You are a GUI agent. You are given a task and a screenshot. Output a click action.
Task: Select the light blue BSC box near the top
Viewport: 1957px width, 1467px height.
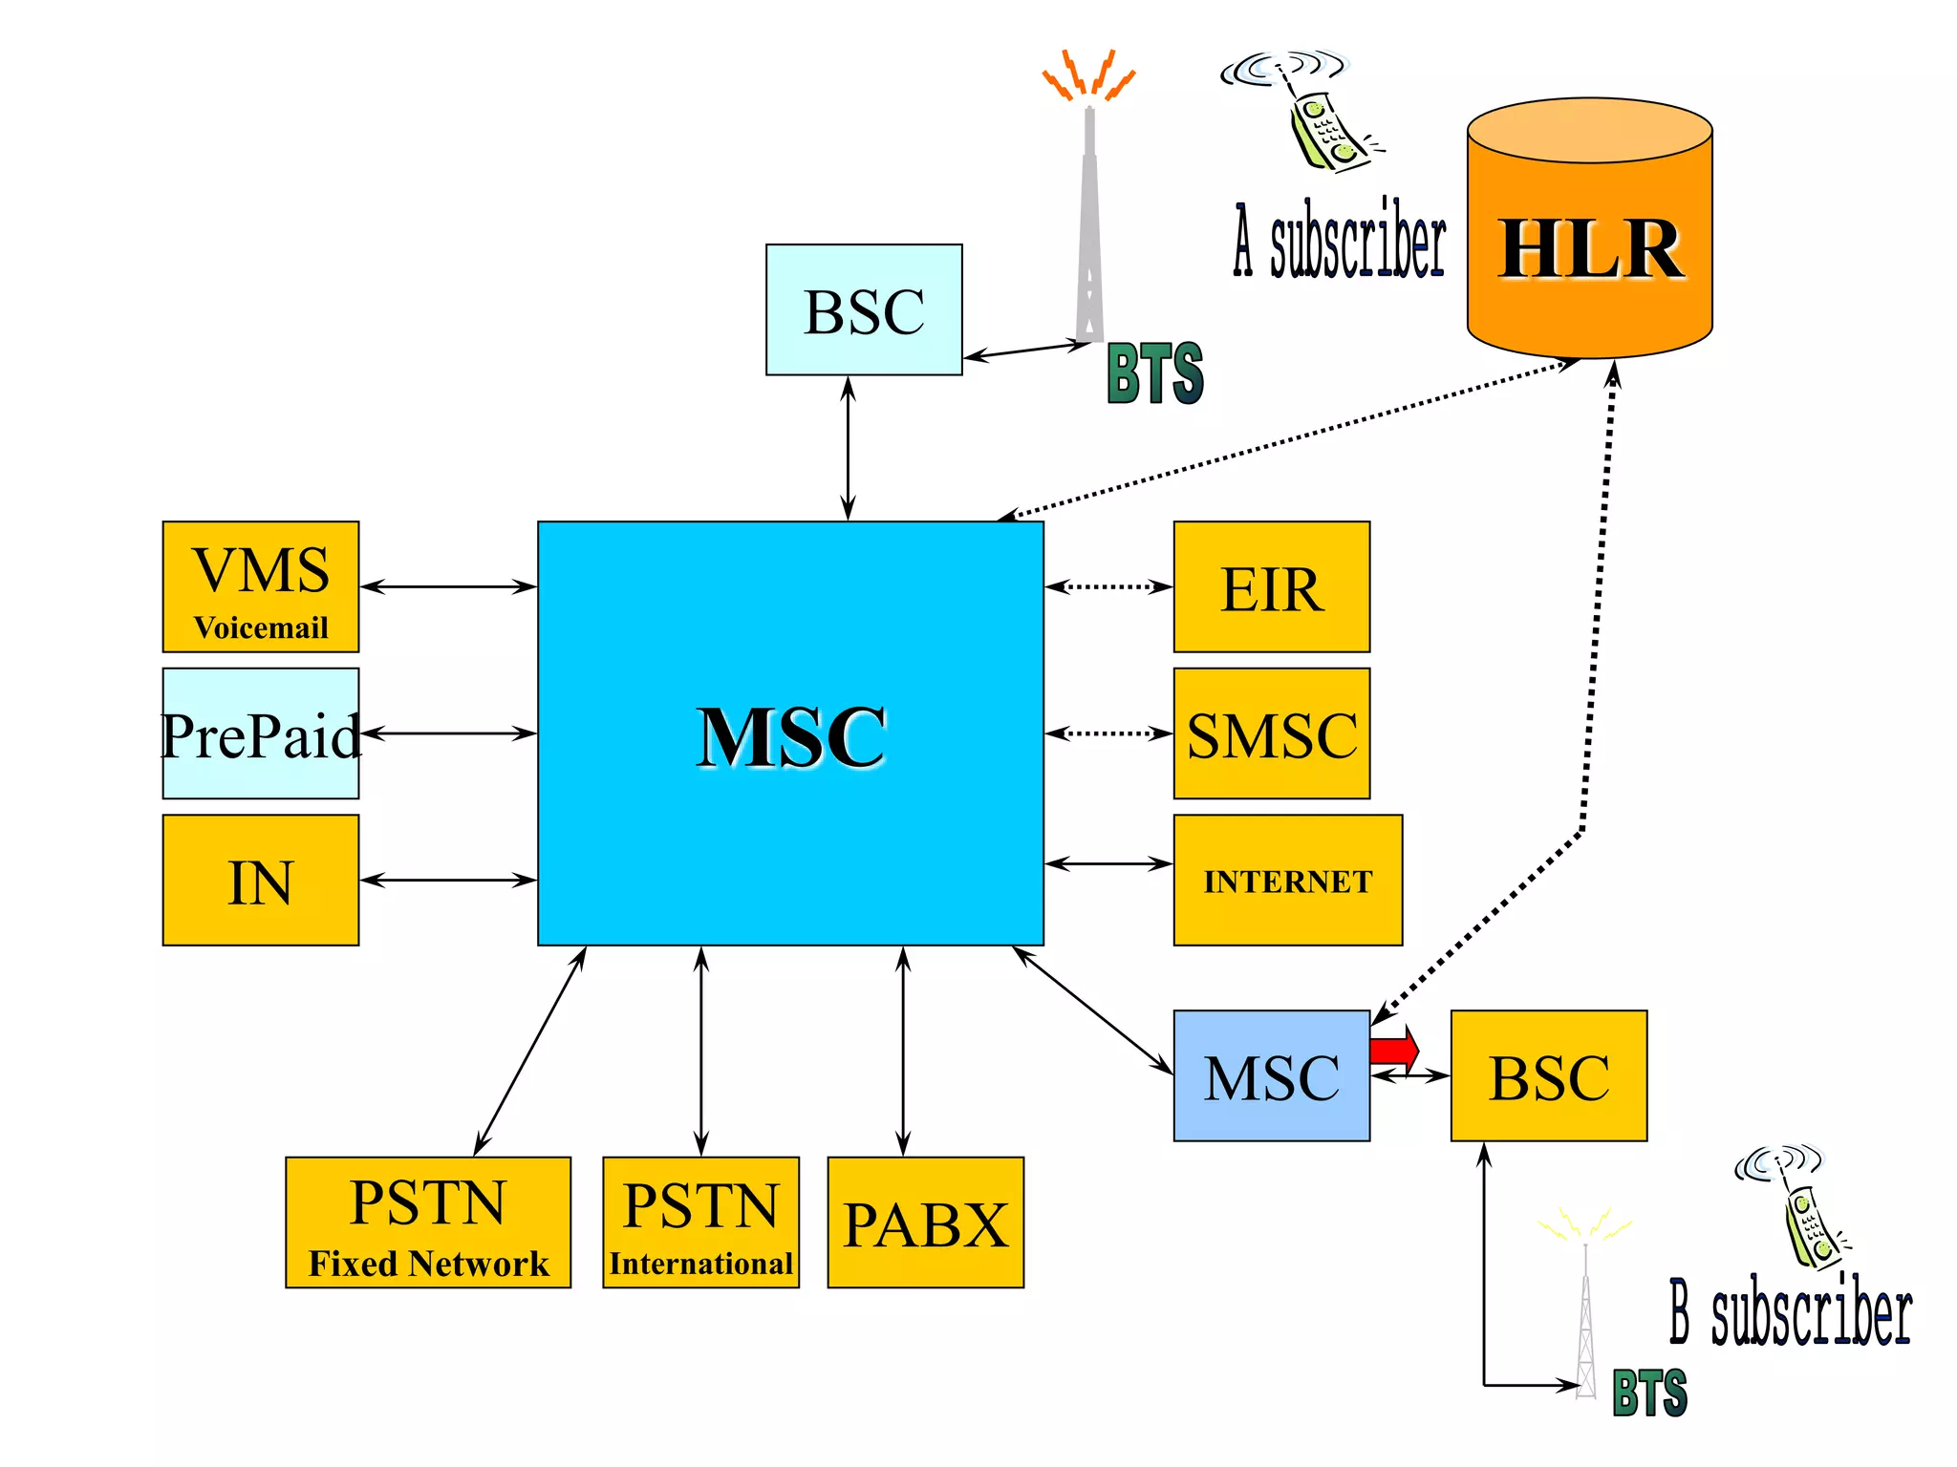(x=863, y=310)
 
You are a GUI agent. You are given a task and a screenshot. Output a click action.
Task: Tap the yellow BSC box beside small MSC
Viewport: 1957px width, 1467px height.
(x=1548, y=1076)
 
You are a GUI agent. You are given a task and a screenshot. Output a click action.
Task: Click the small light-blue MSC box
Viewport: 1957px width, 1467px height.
(x=1271, y=1076)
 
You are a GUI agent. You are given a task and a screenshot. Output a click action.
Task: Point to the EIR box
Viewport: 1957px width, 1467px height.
(x=1271, y=587)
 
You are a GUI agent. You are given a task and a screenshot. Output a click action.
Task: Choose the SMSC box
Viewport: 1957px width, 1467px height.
(x=1271, y=733)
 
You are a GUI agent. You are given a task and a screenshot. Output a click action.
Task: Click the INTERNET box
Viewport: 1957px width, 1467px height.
(x=1287, y=881)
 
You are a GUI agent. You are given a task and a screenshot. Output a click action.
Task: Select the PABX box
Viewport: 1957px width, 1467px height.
(x=925, y=1223)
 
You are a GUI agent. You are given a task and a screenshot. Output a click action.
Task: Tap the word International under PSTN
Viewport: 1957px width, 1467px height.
(x=700, y=1264)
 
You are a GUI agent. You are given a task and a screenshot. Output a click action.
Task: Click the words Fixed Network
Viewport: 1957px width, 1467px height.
(x=428, y=1264)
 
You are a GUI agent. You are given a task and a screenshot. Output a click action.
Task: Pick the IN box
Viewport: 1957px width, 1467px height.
(x=260, y=881)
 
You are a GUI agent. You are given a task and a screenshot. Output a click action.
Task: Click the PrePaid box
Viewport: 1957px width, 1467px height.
(x=260, y=733)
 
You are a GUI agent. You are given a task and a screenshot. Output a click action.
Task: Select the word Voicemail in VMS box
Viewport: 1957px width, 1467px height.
(x=260, y=627)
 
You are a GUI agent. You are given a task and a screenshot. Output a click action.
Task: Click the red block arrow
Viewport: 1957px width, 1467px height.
(x=1393, y=1050)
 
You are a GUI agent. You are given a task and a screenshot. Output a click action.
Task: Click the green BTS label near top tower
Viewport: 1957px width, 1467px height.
(x=1154, y=373)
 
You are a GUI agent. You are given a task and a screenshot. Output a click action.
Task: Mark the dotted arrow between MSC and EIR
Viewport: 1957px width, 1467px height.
(x=1108, y=586)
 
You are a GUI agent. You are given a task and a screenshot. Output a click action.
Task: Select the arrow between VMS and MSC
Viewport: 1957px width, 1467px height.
(x=447, y=586)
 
